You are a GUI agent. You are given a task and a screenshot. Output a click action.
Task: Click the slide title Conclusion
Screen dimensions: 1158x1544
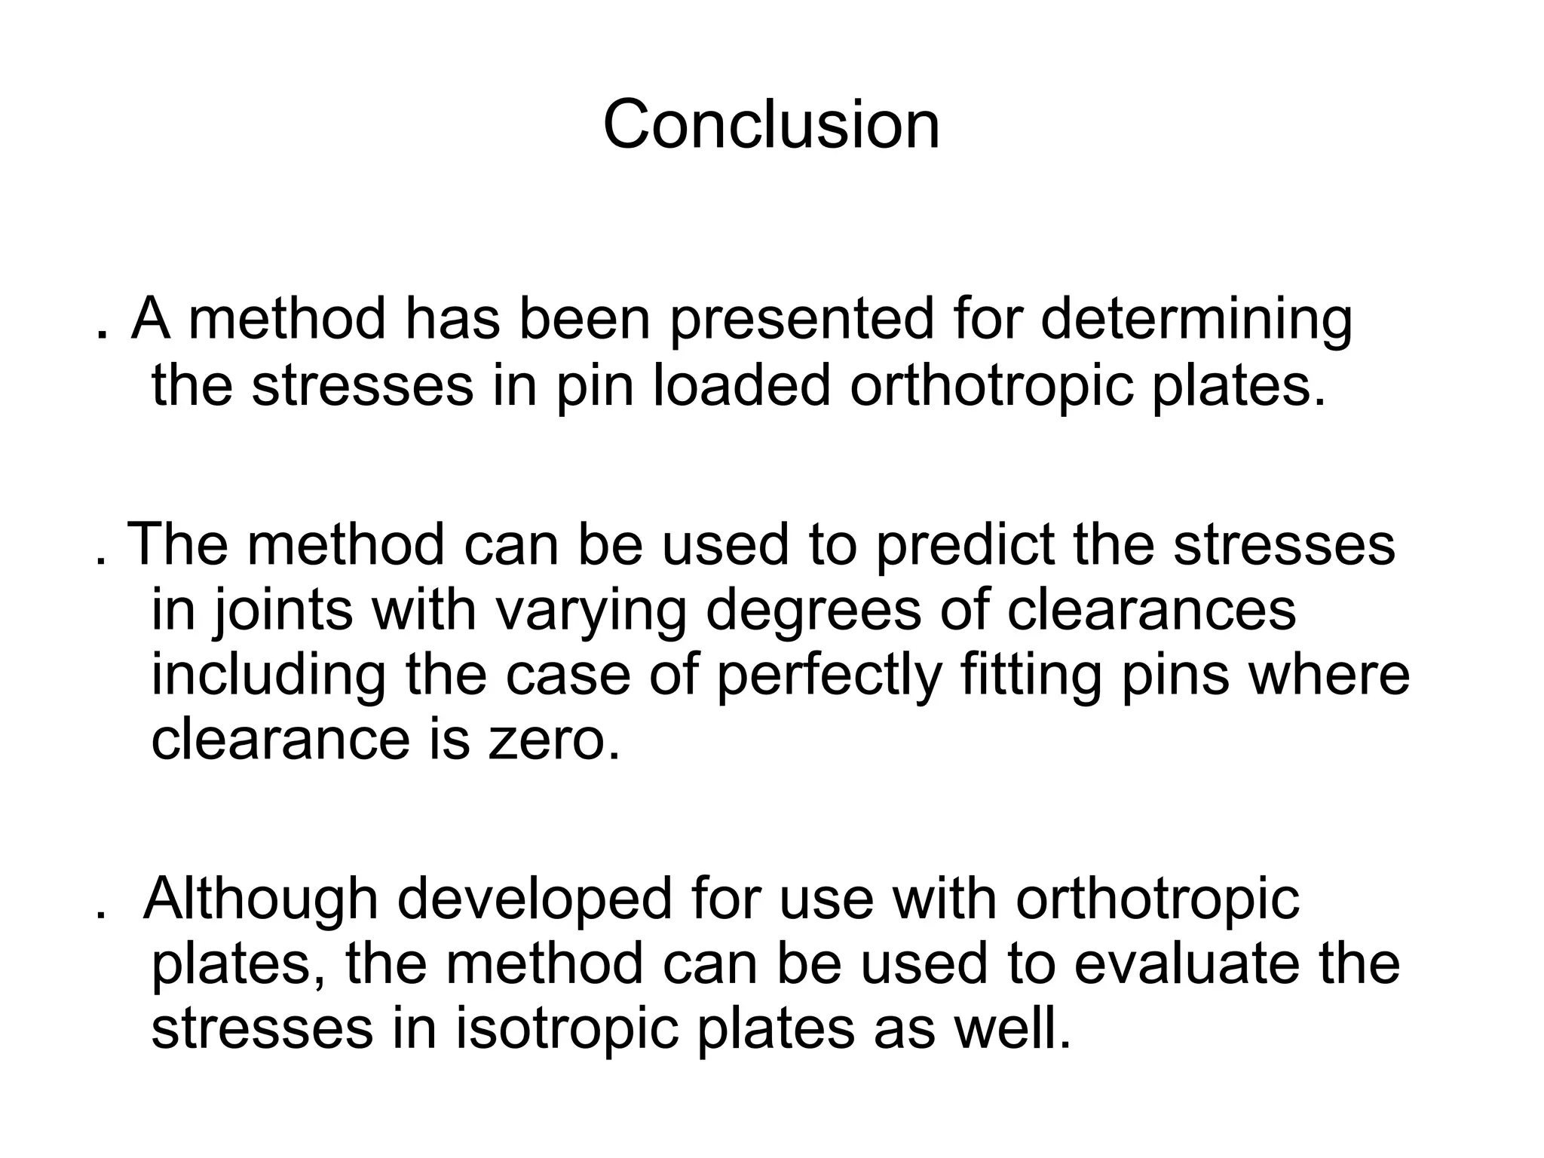[x=771, y=124]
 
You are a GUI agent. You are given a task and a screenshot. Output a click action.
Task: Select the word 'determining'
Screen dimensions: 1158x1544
[x=1196, y=320]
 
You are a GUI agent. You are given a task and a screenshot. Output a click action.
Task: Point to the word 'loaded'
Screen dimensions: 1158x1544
[x=740, y=385]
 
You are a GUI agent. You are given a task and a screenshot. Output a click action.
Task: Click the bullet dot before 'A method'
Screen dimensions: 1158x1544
[x=101, y=335]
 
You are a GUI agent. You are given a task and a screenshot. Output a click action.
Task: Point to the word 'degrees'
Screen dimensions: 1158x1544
[x=813, y=611]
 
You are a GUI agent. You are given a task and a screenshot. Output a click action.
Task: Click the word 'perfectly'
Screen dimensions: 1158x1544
[x=829, y=676]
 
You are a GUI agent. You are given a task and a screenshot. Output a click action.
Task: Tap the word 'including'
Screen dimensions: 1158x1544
[x=268, y=676]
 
